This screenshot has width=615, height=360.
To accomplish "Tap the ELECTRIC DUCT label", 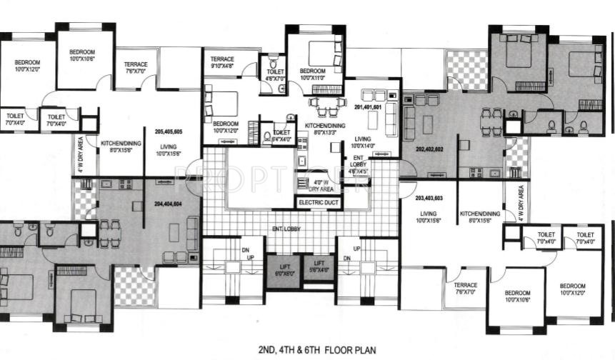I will click(x=319, y=203).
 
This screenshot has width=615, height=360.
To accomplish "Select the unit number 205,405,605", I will click(x=168, y=131).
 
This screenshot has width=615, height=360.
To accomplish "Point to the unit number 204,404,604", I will click(x=168, y=203).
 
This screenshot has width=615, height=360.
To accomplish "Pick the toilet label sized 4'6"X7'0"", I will click(x=275, y=74).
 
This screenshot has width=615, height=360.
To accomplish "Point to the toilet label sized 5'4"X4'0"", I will click(x=281, y=135).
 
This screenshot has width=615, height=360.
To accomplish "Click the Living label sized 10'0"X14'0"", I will click(x=363, y=143).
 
